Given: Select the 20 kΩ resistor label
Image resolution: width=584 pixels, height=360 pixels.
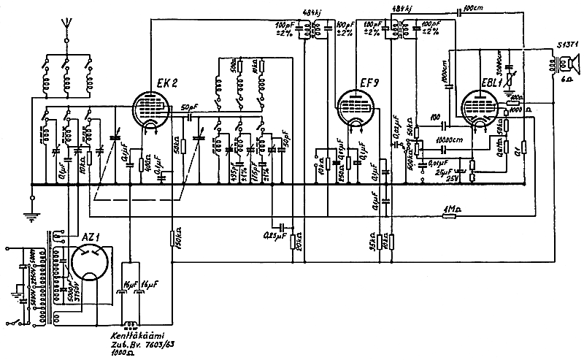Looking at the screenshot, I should [301, 241].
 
